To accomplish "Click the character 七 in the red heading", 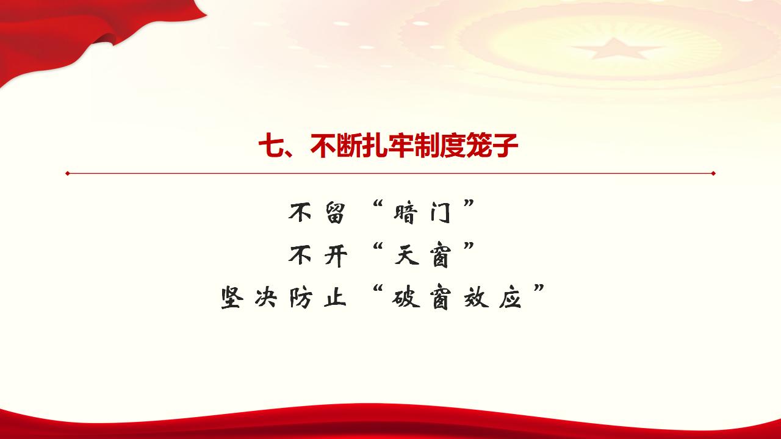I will tap(270, 147).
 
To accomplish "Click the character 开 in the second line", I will tap(333, 256).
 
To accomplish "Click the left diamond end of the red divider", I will tap(68, 173).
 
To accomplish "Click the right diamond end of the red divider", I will tap(713, 173).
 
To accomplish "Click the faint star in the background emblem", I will tap(604, 48).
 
